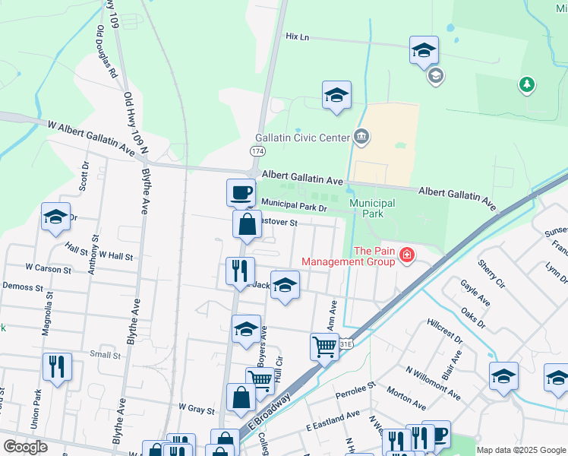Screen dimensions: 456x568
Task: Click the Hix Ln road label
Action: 298,36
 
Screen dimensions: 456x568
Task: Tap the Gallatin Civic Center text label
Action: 301,138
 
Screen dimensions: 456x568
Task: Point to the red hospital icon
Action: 408,255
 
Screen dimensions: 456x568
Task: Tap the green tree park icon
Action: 526,84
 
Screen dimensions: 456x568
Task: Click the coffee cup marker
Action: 241,192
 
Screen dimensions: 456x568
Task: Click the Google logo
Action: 25,446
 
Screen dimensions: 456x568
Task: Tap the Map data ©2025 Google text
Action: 521,450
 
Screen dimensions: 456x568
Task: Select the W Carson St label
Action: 48,268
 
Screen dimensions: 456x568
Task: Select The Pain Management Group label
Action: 348,256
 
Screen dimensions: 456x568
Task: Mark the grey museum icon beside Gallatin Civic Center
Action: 361,138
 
